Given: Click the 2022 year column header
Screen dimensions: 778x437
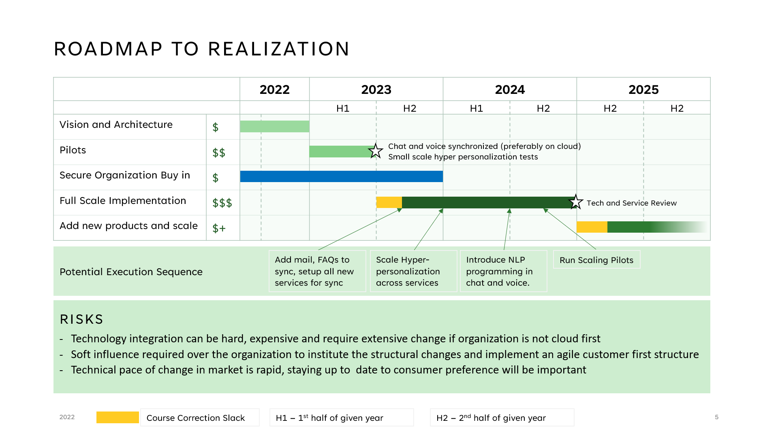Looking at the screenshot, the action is coord(274,89).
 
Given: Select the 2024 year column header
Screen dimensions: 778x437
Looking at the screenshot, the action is coord(510,89).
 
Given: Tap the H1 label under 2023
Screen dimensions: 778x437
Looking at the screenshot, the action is coord(343,108).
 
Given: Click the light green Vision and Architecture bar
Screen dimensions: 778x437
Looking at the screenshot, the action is coord(275,126).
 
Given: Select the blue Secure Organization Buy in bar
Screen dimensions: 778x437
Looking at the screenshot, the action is coord(342,176).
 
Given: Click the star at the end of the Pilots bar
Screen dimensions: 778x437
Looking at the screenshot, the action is coord(376,151).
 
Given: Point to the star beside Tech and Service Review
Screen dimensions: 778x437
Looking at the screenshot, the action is coord(576,202).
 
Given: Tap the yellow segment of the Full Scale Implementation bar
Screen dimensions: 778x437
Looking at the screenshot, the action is coord(389,202).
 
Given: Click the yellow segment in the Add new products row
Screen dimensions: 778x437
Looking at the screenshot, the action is coord(592,227).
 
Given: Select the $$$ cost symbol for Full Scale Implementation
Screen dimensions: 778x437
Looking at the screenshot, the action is coord(222,203).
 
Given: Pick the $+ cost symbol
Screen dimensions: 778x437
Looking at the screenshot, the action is coord(219,228).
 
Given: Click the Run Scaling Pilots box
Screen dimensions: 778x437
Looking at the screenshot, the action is coord(596,260).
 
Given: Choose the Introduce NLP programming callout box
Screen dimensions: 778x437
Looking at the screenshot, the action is coord(504,271).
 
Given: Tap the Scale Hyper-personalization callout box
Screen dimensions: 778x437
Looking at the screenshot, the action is coord(413,271).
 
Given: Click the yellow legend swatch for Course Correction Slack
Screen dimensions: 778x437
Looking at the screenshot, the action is coord(118,417).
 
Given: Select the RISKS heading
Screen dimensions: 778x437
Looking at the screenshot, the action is coord(81,319).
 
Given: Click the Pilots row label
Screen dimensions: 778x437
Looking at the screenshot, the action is coord(73,150).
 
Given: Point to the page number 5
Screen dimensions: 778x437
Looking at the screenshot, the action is coord(716,417).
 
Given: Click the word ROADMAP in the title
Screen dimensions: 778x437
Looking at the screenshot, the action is coord(108,49).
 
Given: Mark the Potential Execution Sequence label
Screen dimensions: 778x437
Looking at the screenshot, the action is coord(131,272).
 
